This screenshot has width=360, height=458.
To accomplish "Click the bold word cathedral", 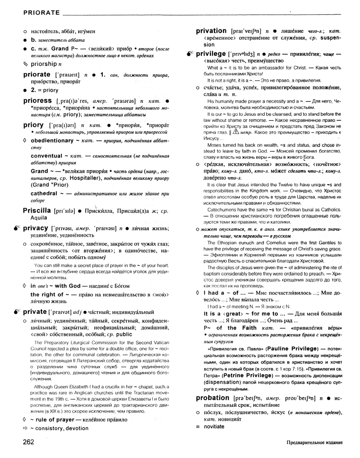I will tap(44, 193).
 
